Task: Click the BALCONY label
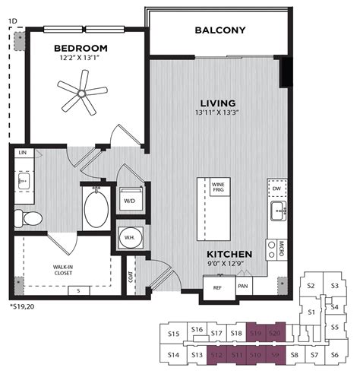click(x=220, y=31)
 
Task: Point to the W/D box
click(x=130, y=201)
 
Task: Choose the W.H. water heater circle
click(x=130, y=237)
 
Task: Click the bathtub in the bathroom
click(x=96, y=208)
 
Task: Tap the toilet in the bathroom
click(x=31, y=219)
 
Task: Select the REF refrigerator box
click(x=217, y=288)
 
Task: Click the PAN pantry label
click(x=243, y=286)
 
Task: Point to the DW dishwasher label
click(x=276, y=189)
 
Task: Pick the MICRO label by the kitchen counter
click(x=280, y=247)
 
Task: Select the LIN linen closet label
click(x=23, y=152)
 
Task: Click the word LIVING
click(x=218, y=103)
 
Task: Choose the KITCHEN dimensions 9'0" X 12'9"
click(x=229, y=265)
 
